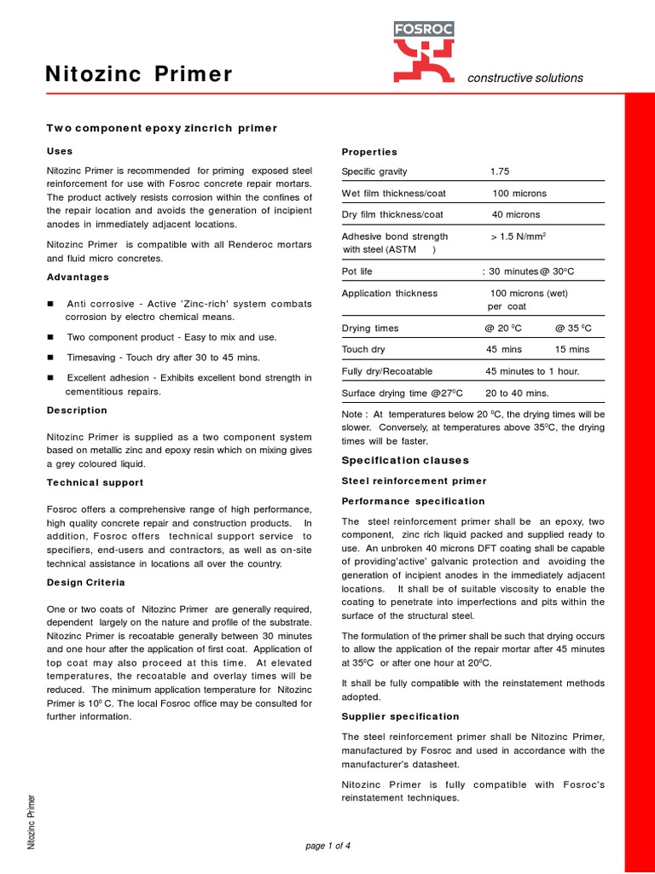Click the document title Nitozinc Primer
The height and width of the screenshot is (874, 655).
pos(138,75)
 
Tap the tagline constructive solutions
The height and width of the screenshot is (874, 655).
pos(525,78)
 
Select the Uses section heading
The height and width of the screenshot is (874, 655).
pos(60,151)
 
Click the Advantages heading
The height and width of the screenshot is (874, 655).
pos(78,277)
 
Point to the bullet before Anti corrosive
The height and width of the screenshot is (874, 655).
pos(51,304)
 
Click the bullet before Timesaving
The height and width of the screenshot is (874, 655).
pos(51,358)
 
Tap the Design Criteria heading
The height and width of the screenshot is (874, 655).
pos(85,582)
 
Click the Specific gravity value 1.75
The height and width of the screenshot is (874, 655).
pos(500,172)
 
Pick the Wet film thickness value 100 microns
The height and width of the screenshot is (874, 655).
pos(519,194)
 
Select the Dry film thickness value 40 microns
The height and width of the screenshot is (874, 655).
pos(516,215)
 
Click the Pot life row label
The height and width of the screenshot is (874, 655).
pos(356,271)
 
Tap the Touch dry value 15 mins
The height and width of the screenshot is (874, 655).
pos(571,350)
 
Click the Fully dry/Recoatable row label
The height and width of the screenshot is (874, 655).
pos(387,371)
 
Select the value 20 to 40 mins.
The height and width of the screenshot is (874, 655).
pos(517,393)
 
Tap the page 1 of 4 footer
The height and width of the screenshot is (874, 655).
pos(327,846)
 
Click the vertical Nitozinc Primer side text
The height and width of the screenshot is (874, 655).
pos(32,821)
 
